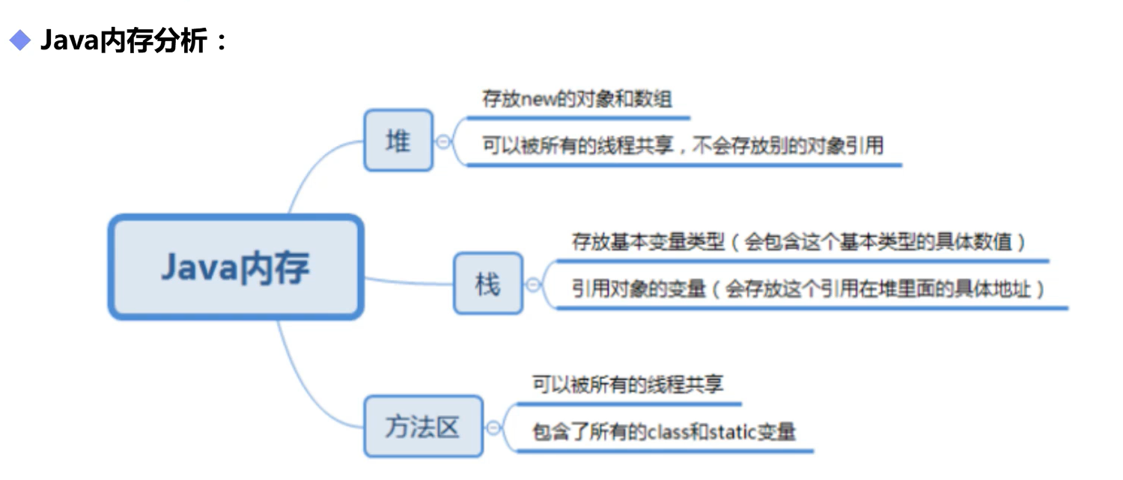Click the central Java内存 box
click(x=236, y=267)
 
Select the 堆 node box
click(x=398, y=140)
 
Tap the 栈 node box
click(x=487, y=283)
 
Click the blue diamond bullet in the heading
click(x=19, y=40)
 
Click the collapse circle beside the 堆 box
click(x=443, y=141)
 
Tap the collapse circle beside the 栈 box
click(x=533, y=284)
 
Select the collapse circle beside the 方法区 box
click(x=493, y=428)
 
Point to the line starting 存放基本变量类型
click(x=798, y=243)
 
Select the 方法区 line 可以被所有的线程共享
click(x=627, y=385)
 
